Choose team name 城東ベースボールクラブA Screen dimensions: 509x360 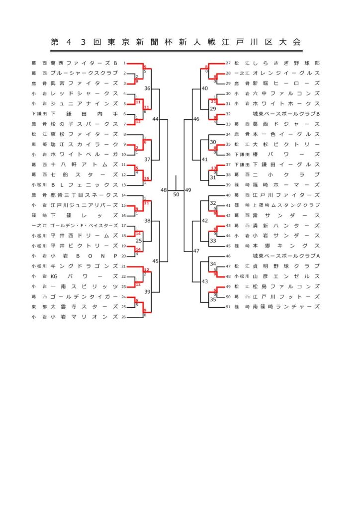[286, 256]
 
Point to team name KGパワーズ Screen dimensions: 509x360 [84, 276]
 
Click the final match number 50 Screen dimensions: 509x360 [176, 194]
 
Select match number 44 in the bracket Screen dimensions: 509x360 [156, 119]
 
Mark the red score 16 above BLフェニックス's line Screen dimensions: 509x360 [147, 178]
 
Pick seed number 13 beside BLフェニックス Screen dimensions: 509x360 [123, 185]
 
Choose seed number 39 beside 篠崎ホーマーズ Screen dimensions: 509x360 [228, 185]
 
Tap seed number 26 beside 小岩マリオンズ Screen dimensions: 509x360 [123, 317]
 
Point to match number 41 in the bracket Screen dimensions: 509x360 [204, 160]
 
